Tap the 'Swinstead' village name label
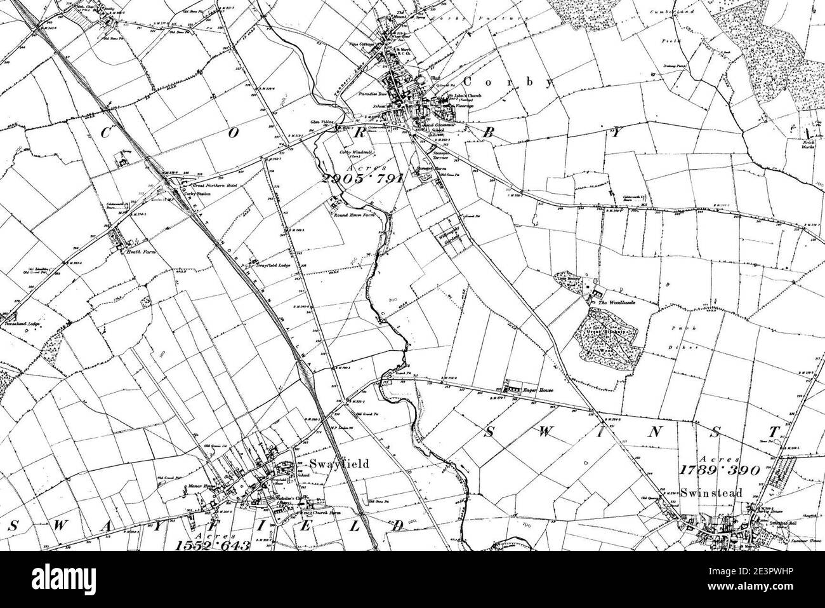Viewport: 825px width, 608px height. (x=701, y=491)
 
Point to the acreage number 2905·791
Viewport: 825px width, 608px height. (x=362, y=179)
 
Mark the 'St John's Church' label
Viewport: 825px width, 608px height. (x=465, y=96)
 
